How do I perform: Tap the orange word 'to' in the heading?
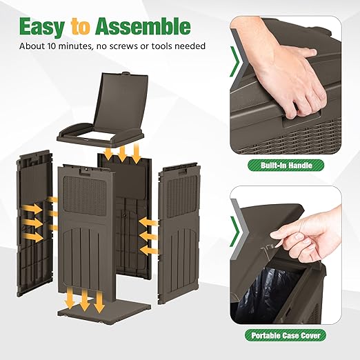pos(80,28)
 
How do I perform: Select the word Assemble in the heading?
pos(143,26)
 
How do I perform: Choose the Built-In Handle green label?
pos(286,166)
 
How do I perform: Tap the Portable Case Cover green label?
pos(286,335)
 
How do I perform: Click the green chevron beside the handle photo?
pos(235,61)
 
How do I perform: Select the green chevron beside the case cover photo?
pos(235,232)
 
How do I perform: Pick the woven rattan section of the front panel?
pos(85,195)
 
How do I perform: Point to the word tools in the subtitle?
pos(161,46)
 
